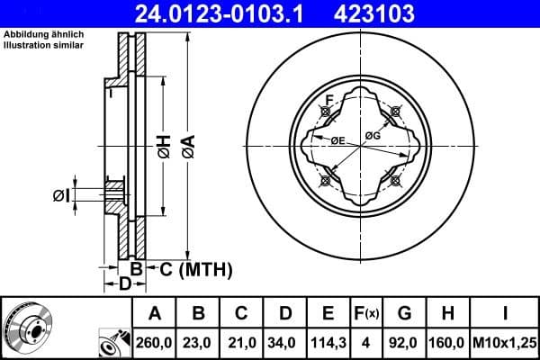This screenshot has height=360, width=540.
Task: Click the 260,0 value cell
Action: [156, 342]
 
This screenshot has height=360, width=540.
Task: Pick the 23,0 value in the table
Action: [199, 342]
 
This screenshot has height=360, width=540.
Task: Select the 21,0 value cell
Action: [242, 342]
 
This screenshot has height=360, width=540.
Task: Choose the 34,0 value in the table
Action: [284, 342]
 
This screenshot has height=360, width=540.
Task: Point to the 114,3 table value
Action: [328, 342]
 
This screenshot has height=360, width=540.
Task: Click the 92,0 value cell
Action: [404, 342]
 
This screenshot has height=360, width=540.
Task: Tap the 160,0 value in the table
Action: [446, 342]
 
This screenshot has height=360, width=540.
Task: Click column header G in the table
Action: [404, 314]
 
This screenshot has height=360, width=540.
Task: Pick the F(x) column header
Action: [366, 314]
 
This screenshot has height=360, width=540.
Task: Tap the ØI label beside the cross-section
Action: [59, 193]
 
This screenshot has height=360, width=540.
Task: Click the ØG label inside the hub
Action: [373, 136]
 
